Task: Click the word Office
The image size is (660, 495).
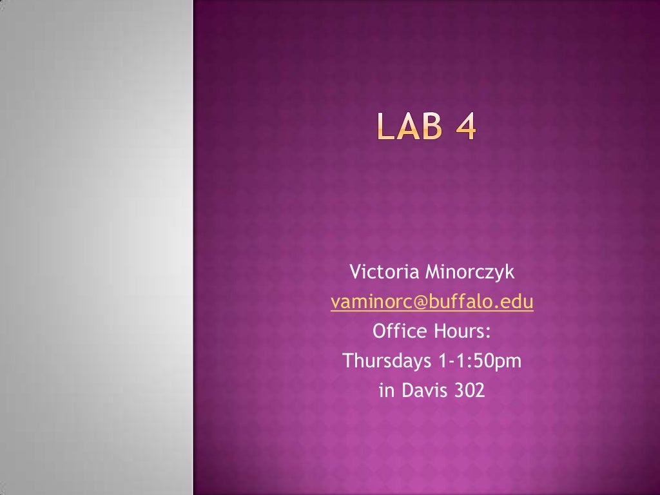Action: pos(400,331)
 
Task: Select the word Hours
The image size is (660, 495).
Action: pos(461,331)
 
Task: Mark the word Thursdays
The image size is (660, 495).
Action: pos(387,361)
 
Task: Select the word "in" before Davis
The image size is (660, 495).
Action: pos(386,391)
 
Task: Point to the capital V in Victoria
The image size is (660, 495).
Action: pos(354,273)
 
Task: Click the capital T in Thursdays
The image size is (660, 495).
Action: pos(349,361)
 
